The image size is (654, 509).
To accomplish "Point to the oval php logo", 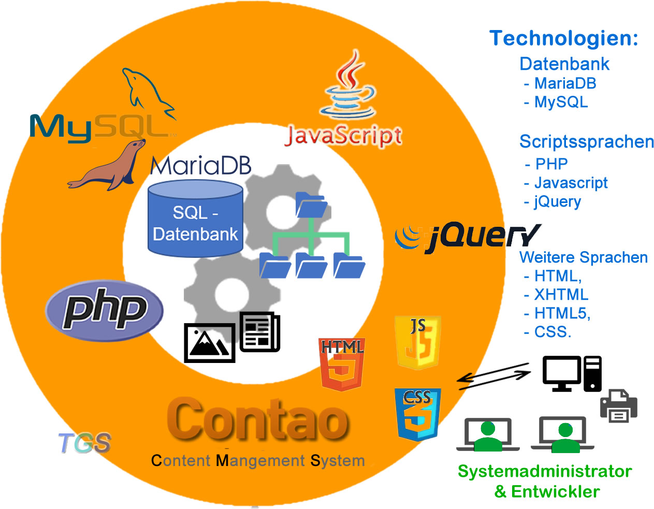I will (104, 311).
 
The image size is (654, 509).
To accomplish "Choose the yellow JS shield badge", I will (417, 342).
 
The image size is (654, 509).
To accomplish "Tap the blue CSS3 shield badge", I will (417, 414).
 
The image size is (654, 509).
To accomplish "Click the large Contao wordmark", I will (257, 419).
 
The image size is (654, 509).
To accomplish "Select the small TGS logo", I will (84, 443).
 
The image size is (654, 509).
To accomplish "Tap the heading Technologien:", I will (563, 38).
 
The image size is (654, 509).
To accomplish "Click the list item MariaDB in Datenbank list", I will (565, 83).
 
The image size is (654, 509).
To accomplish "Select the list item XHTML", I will (561, 295).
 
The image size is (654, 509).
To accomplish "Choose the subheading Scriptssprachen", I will (586, 141).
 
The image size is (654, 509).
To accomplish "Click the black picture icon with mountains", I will (210, 342).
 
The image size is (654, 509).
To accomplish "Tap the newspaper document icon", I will (260, 332).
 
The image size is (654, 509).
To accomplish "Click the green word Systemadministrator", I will (544, 471).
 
